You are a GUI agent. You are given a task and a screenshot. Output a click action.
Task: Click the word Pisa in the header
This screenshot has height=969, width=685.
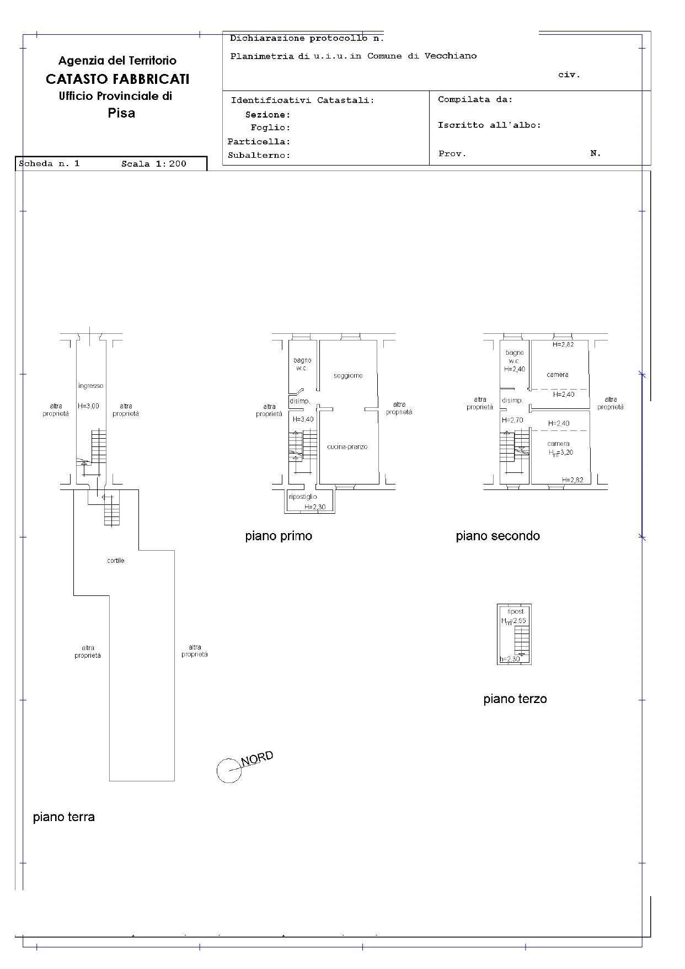tap(121, 113)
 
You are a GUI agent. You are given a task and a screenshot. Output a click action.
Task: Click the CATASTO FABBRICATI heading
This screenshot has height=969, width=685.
tap(117, 79)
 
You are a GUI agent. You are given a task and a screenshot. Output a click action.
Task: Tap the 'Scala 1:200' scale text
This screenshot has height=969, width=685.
tap(154, 164)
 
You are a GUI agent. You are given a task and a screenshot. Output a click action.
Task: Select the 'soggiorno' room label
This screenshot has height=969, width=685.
tap(348, 376)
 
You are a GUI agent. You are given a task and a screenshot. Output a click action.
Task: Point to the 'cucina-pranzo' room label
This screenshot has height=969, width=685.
tap(347, 447)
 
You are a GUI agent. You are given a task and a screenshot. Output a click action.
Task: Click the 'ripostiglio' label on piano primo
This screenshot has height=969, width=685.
tap(303, 497)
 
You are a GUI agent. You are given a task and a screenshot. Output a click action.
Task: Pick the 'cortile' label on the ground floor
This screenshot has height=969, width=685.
tap(116, 561)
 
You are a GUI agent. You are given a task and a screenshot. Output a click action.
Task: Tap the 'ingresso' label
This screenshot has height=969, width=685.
tap(90, 386)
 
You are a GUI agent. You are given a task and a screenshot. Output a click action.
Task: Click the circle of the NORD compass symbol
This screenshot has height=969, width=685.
tap(228, 770)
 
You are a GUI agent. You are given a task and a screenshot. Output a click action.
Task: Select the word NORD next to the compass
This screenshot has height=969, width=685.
tap(258, 758)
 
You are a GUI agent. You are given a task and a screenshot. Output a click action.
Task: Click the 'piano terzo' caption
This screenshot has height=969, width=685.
tap(515, 699)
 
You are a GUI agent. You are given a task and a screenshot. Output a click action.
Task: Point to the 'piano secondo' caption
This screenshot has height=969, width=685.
tap(497, 536)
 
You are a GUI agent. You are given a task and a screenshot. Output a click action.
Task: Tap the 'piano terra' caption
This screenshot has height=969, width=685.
tap(64, 817)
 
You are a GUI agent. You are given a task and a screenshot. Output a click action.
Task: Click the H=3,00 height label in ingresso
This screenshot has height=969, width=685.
tap(88, 406)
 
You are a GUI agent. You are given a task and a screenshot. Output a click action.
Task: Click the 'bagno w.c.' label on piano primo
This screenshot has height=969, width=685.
tap(302, 364)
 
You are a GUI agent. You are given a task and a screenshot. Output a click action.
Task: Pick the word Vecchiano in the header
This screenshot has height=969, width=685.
tap(450, 56)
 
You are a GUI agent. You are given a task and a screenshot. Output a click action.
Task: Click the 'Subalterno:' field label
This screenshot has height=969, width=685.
tap(259, 156)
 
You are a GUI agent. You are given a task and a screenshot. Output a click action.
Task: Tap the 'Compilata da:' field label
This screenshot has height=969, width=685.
tap(475, 100)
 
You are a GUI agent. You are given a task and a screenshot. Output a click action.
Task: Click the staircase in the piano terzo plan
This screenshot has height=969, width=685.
tap(521, 640)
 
